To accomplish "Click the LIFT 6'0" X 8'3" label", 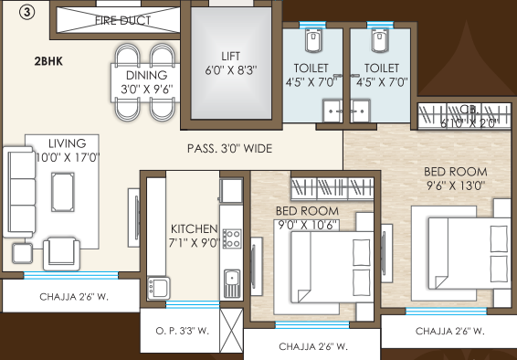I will [x=230, y=61].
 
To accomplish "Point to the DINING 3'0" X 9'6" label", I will [x=146, y=82].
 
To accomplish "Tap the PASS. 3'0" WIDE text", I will [x=230, y=147].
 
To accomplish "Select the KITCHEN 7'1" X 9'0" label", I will [x=194, y=236].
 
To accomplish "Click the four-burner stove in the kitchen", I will [x=232, y=239].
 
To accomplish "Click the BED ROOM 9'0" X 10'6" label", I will [x=307, y=218].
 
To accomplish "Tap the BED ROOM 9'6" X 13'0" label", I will [x=455, y=177].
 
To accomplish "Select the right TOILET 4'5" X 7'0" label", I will [x=381, y=74].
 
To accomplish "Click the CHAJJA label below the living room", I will [x=71, y=297].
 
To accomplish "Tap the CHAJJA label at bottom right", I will [x=449, y=331].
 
